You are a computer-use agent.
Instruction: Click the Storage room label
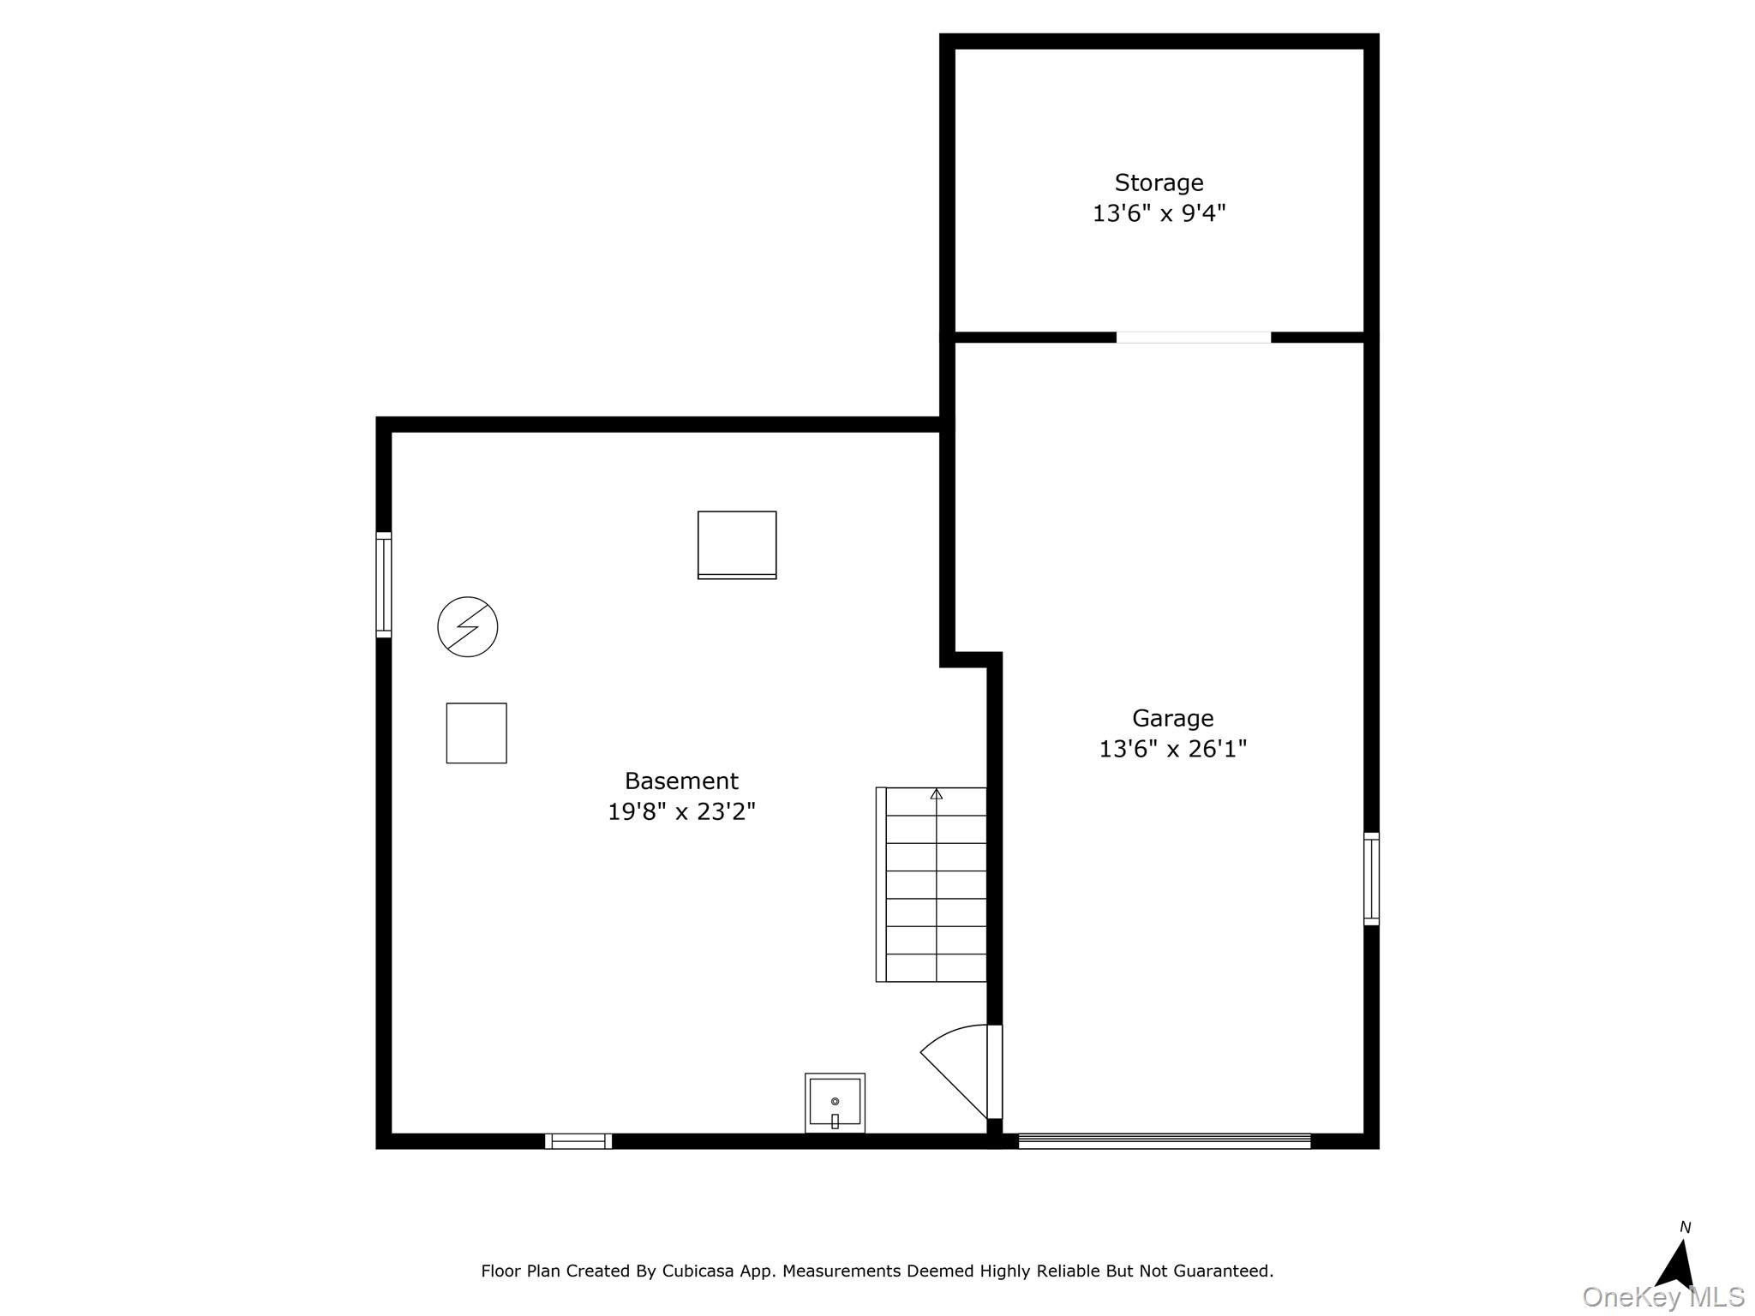tap(1159, 183)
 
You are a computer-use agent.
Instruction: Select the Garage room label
tap(1172, 718)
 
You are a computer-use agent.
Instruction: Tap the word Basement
tap(681, 781)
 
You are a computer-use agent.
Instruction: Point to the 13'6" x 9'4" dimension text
tap(1159, 213)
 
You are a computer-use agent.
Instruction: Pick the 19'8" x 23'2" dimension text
tap(681, 811)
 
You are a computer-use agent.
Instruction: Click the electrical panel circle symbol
tap(468, 627)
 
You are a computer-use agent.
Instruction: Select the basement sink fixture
tap(835, 1103)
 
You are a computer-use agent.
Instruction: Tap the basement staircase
tap(931, 884)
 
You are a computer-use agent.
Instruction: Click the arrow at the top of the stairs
tap(937, 794)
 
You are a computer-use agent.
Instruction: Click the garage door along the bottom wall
tap(1164, 1141)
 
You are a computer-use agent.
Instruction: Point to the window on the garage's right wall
tap(1372, 879)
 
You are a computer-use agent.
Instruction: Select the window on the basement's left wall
tap(384, 585)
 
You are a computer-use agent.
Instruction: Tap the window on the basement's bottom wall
tap(578, 1141)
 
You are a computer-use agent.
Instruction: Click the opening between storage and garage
tap(1193, 338)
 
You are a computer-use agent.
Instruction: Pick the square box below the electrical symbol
tap(476, 733)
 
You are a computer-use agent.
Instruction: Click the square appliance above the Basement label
tap(737, 546)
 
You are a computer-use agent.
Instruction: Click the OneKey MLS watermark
tap(1663, 1297)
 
